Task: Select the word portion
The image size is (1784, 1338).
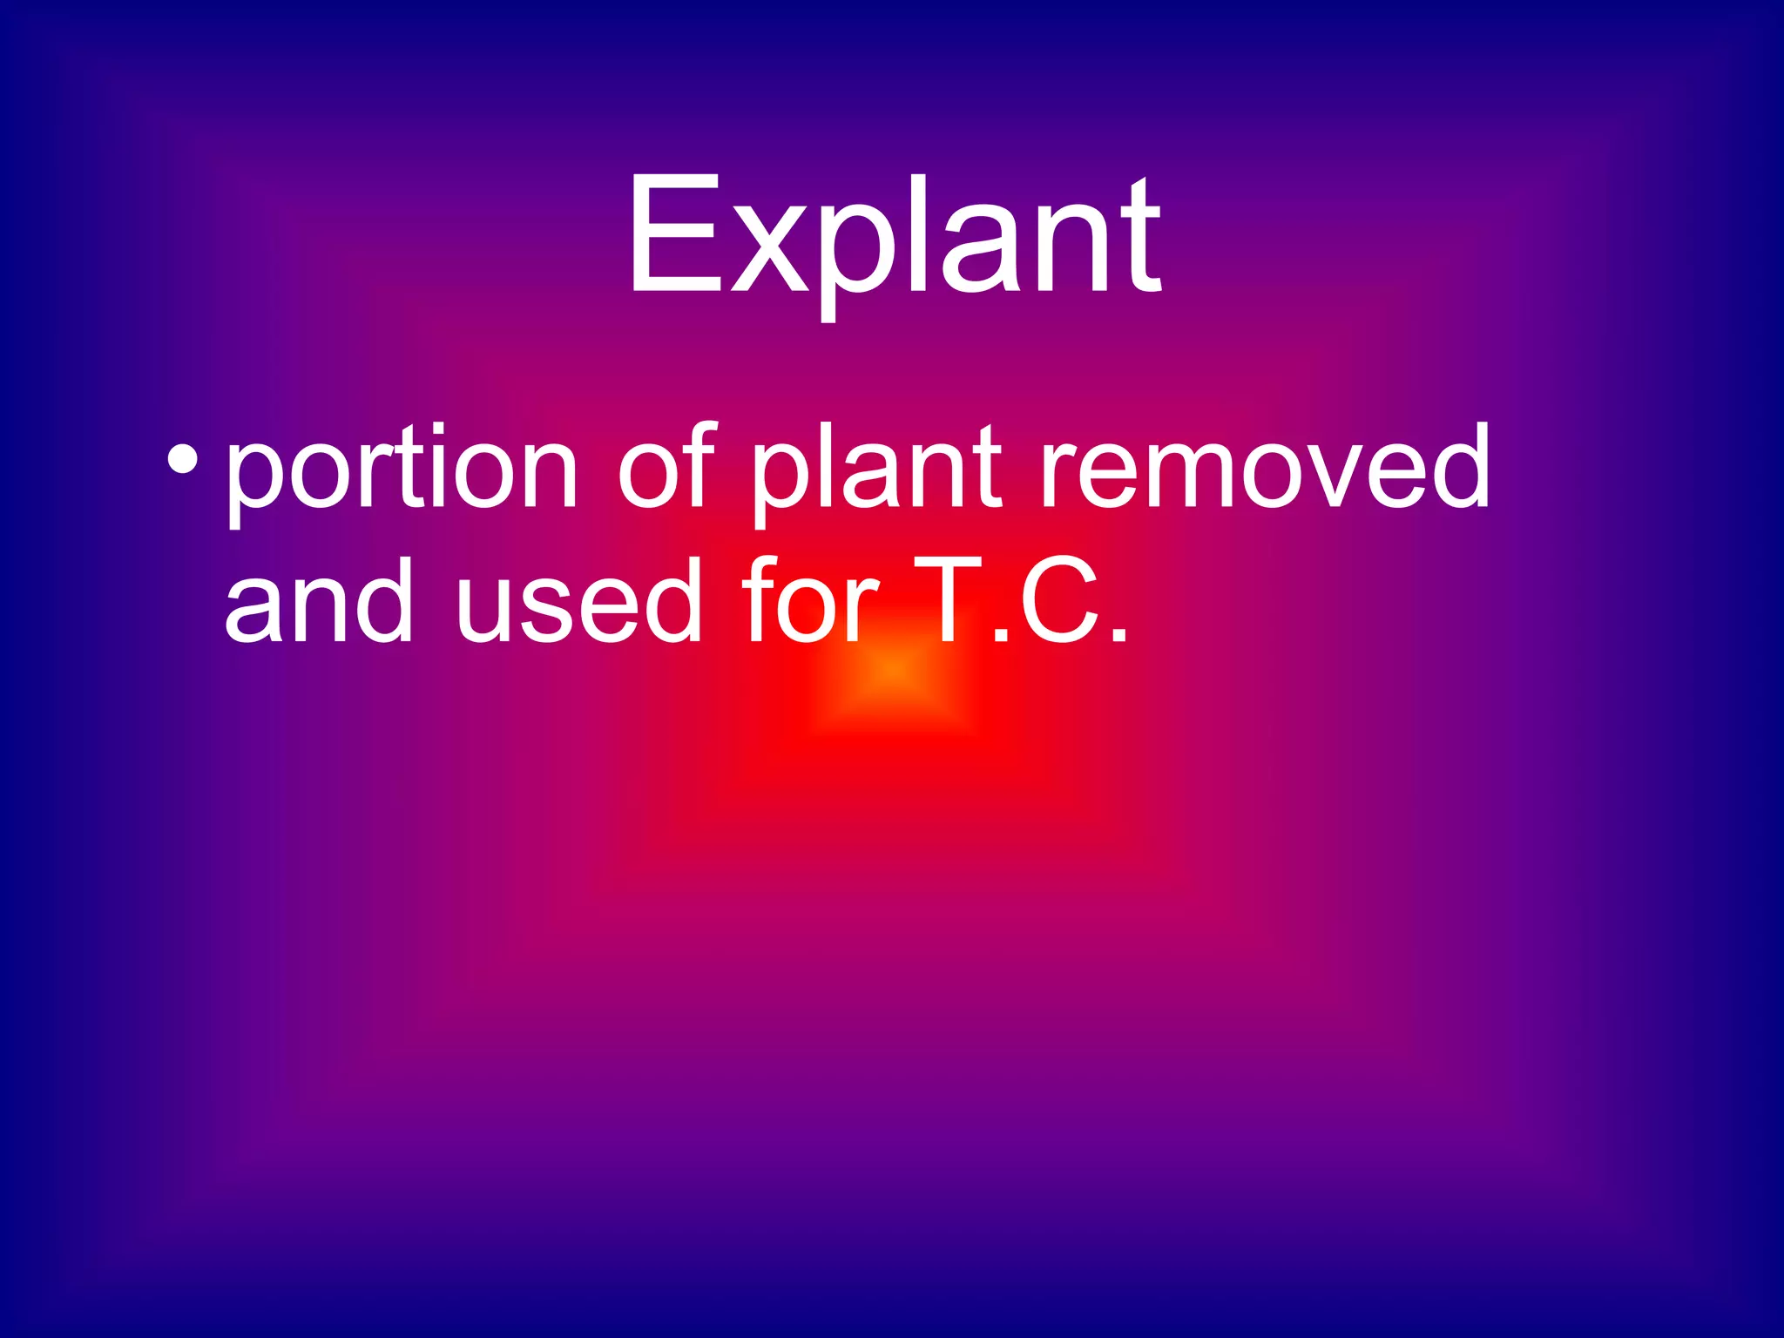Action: click(402, 470)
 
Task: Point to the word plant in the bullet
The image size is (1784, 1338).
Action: click(876, 470)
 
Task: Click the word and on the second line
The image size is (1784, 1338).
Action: click(318, 601)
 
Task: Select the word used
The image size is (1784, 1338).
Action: click(578, 601)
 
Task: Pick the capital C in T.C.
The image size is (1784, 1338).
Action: click(1059, 600)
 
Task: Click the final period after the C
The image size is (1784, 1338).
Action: click(1118, 635)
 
